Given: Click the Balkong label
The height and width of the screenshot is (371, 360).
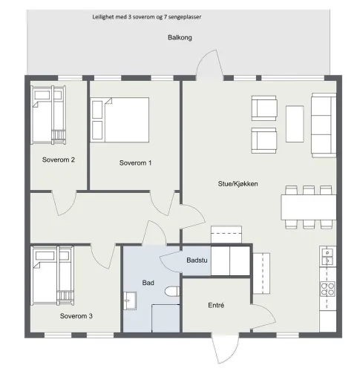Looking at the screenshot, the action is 180,38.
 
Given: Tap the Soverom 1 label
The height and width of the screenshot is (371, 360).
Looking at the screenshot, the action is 135,162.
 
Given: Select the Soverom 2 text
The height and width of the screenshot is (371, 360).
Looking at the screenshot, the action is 59,160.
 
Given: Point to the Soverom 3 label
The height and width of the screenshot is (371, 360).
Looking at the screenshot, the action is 76,316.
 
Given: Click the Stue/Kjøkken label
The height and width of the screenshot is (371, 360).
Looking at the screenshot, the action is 238,184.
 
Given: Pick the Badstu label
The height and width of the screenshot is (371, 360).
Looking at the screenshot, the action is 197,260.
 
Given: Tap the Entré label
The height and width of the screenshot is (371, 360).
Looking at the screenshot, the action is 216,305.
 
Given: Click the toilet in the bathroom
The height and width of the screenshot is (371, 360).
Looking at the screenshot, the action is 172,291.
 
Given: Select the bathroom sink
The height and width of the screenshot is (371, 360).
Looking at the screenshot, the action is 130,301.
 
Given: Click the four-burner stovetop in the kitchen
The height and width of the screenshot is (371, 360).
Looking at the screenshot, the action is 327,289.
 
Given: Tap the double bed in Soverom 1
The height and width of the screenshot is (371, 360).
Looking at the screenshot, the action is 120,119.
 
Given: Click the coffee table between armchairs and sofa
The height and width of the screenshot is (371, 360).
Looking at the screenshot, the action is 295,124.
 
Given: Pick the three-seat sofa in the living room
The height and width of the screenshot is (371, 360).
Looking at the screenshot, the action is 324,125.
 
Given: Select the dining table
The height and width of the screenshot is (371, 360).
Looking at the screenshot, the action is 309,207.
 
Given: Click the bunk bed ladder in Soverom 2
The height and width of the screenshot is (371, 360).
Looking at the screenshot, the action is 59,137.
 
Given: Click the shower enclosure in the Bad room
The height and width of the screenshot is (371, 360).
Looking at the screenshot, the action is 166,318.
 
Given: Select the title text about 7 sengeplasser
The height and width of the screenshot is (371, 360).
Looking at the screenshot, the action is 147,17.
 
